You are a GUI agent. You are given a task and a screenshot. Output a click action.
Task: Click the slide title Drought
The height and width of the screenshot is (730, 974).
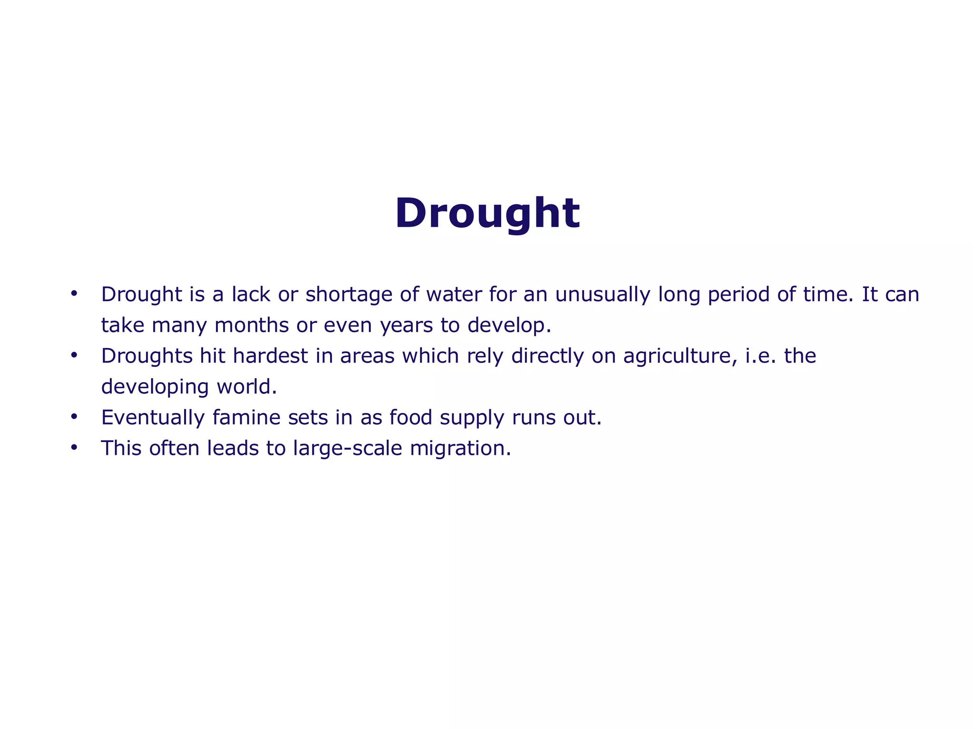[487, 213]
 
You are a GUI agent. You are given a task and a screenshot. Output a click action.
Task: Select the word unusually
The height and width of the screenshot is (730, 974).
[602, 295]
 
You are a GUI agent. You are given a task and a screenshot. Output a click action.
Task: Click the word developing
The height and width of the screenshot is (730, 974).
[155, 387]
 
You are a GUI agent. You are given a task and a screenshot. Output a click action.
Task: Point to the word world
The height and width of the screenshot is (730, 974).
[246, 387]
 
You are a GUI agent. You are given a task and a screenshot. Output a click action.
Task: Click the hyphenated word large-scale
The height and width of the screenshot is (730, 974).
[347, 449]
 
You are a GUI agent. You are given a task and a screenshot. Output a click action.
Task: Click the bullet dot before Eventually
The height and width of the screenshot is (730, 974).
[73, 417]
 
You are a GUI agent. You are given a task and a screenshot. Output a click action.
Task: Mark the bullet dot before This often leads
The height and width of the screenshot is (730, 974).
[73, 448]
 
